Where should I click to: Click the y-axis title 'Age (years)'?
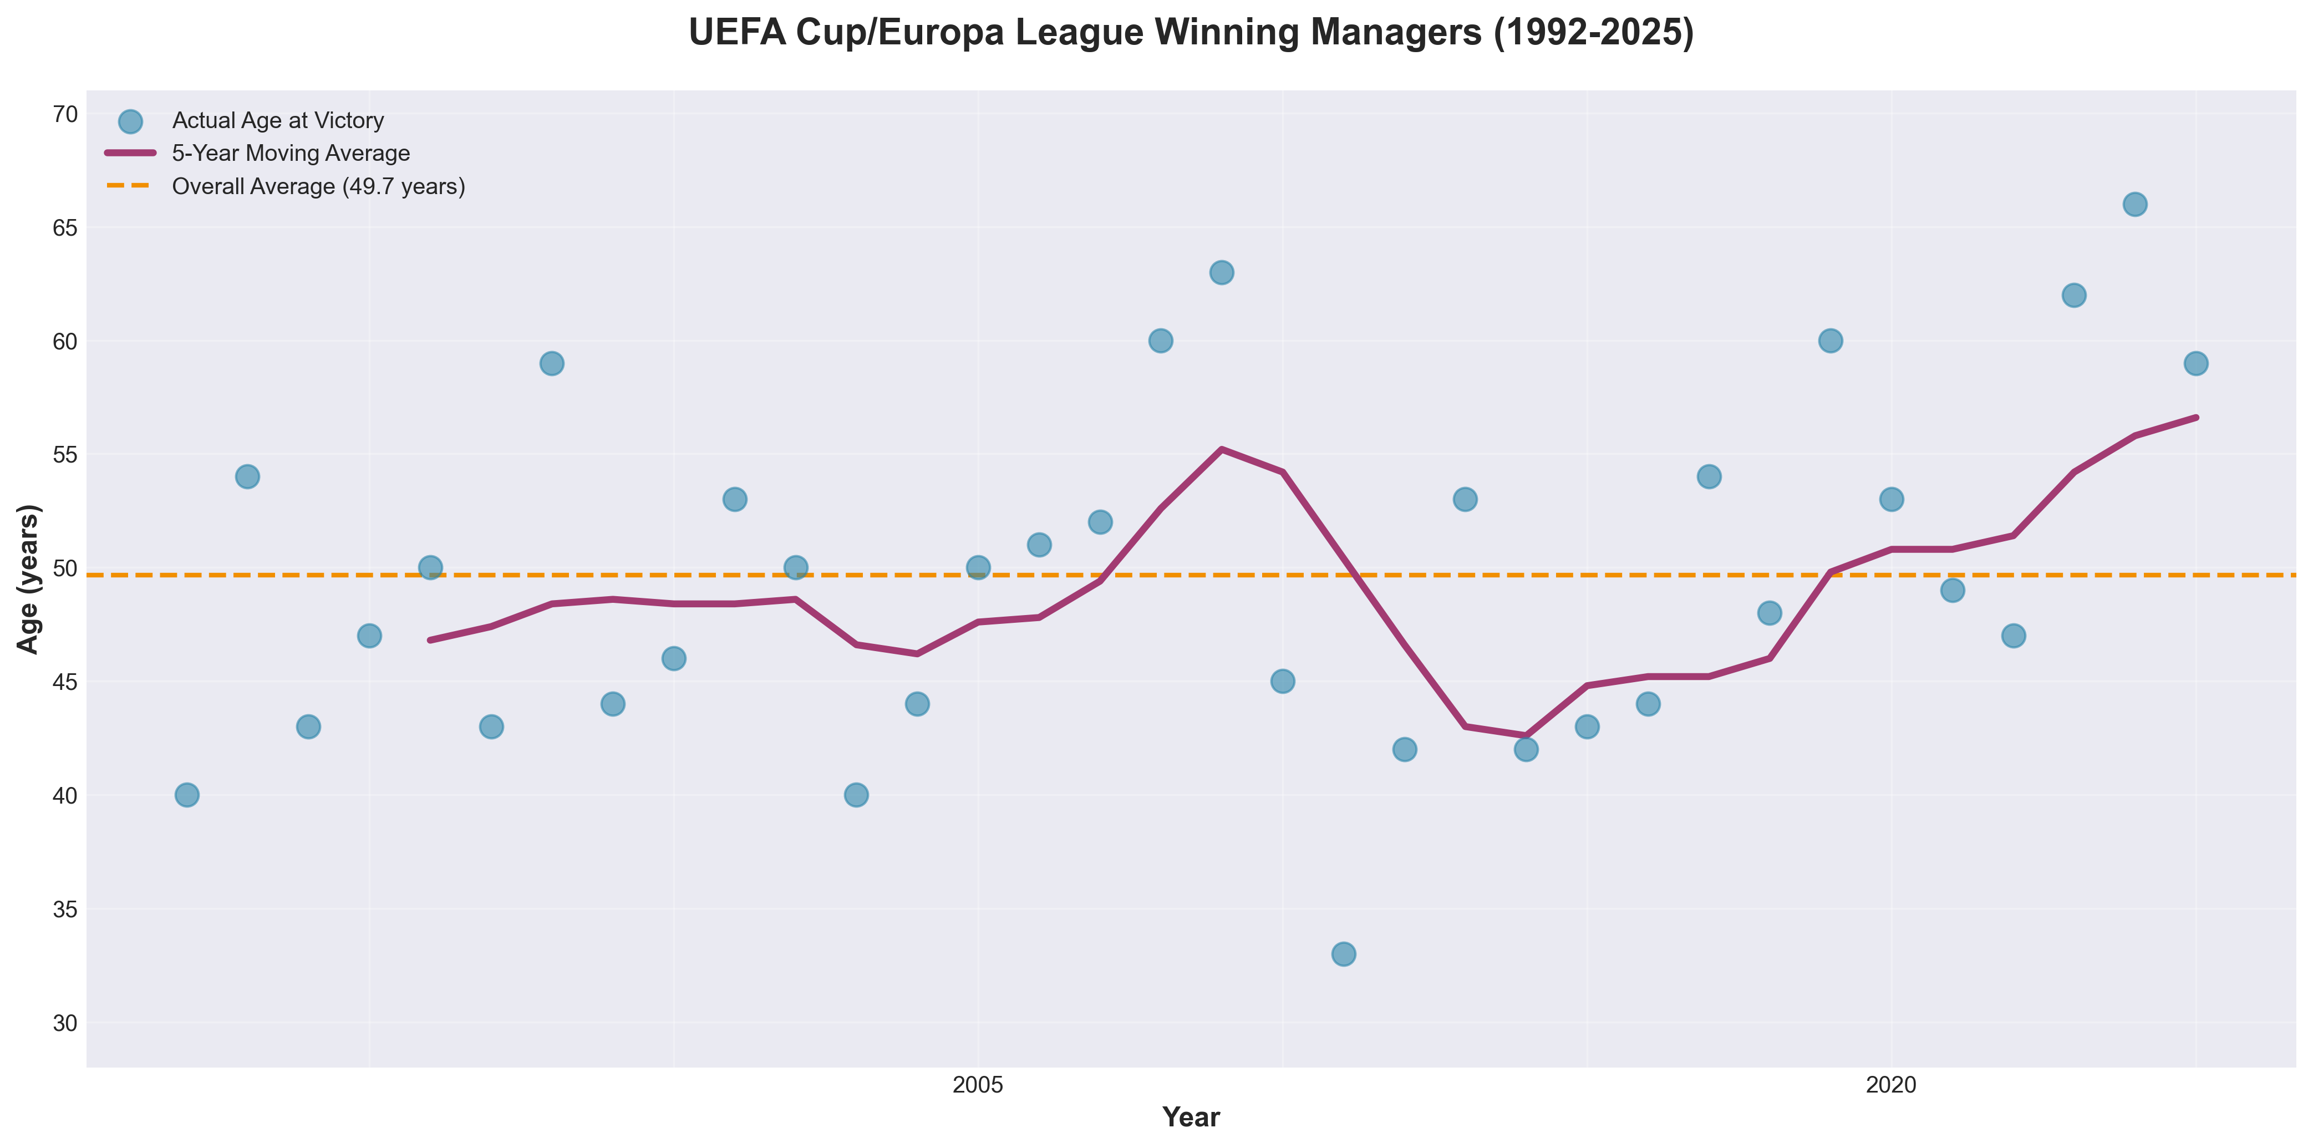[29, 580]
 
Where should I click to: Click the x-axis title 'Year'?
[1191, 1116]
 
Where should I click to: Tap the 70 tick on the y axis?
[65, 114]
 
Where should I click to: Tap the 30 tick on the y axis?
[65, 1023]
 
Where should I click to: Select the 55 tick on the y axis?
[65, 455]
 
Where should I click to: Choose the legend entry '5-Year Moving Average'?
[291, 154]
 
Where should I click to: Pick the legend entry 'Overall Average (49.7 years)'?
[319, 187]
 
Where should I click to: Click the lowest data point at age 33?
[1343, 954]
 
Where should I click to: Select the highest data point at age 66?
[2134, 205]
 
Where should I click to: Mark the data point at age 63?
[1221, 273]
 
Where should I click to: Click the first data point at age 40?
[187, 795]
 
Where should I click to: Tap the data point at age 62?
[2073, 296]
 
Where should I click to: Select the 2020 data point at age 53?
[1891, 500]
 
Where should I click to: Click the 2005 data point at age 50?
[978, 568]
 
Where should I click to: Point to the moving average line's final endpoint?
[2195, 418]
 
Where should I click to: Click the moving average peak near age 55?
[1221, 449]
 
